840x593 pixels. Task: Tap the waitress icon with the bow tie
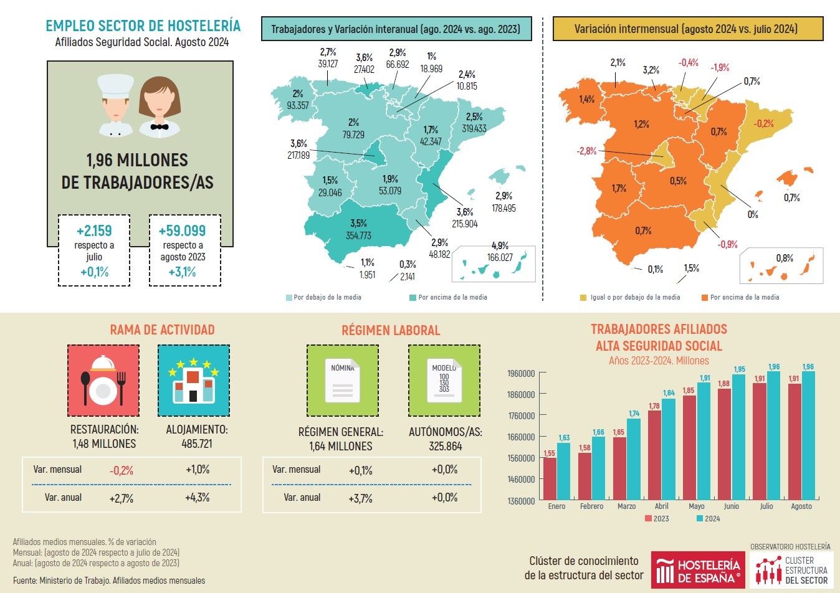pyautogui.click(x=160, y=107)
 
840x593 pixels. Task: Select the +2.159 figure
pyautogui.click(x=94, y=231)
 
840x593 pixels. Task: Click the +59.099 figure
pyautogui.click(x=182, y=231)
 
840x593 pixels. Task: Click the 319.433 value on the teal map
pyautogui.click(x=474, y=128)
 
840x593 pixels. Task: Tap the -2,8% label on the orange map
pyautogui.click(x=586, y=151)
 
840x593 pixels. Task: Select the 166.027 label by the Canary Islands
pyautogui.click(x=500, y=257)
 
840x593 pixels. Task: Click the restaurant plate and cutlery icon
pyautogui.click(x=103, y=381)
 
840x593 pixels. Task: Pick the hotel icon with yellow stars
pyautogui.click(x=194, y=381)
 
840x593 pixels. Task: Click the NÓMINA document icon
pyautogui.click(x=342, y=381)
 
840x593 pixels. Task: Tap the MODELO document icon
pyautogui.click(x=444, y=381)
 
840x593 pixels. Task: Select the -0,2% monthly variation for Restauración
pyautogui.click(x=122, y=470)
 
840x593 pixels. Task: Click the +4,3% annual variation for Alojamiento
pyautogui.click(x=198, y=498)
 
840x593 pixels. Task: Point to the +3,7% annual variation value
pyautogui.click(x=361, y=498)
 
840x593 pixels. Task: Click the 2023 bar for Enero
pyautogui.click(x=550, y=478)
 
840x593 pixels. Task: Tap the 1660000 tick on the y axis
pyautogui.click(x=521, y=437)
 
